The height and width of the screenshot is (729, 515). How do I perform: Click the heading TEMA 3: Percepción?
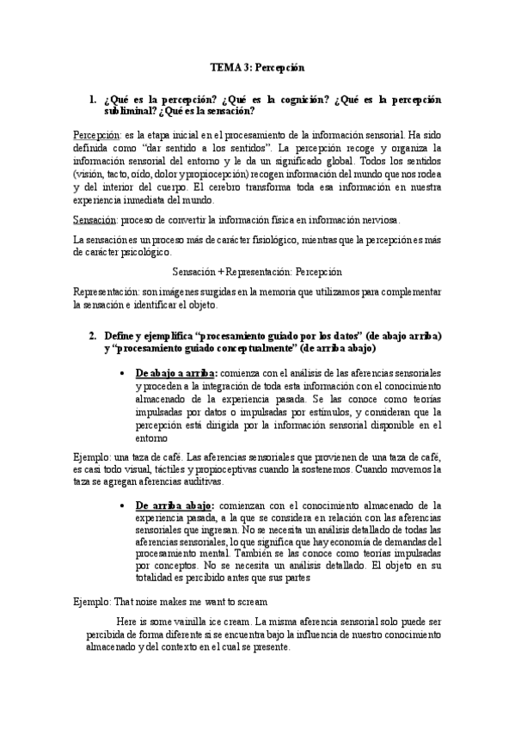[x=258, y=66]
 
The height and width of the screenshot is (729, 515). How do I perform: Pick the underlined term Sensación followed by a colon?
[x=95, y=220]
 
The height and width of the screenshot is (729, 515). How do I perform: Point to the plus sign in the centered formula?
[x=223, y=272]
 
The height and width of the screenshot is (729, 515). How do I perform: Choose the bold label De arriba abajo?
[x=175, y=505]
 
